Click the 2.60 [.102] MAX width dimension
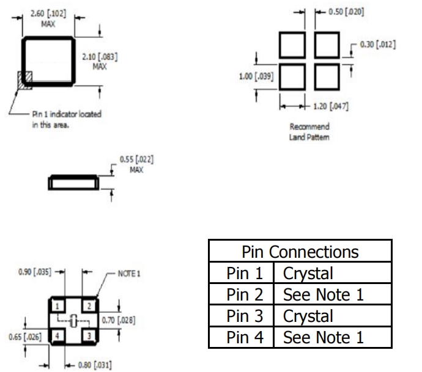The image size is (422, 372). point(48,16)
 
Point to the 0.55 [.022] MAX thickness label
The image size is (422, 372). point(136,165)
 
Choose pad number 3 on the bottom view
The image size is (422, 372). point(89,335)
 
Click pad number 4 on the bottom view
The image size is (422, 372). point(57,335)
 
